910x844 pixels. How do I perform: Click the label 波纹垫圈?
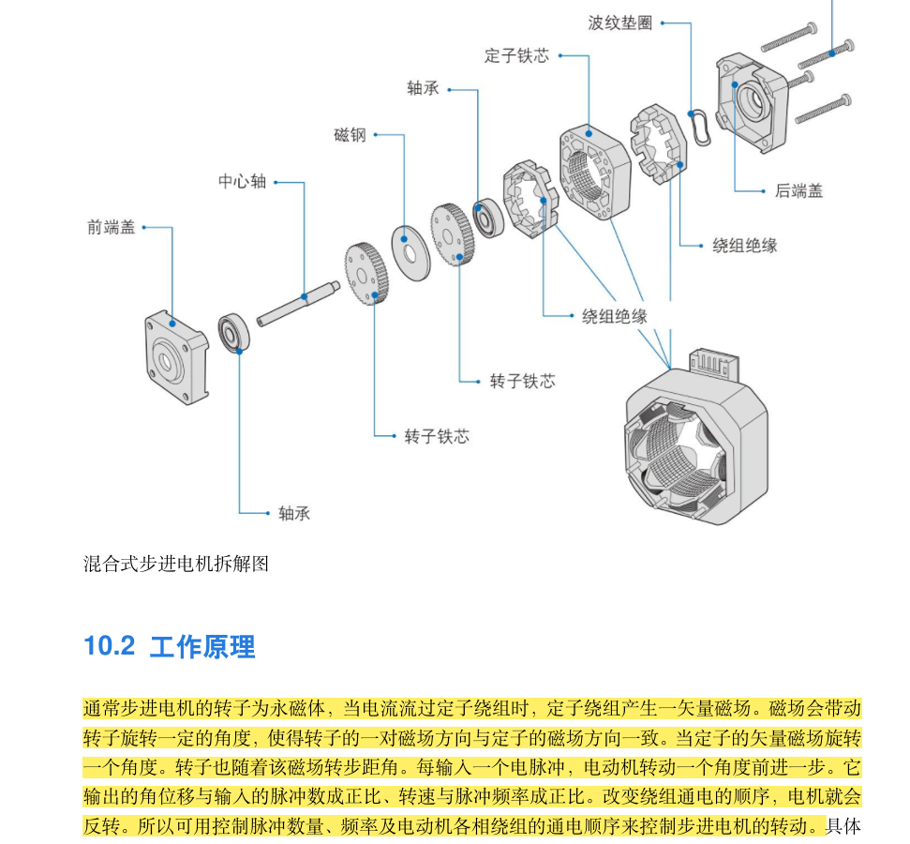619,23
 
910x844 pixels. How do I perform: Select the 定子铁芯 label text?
516,56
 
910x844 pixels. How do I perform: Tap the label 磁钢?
350,135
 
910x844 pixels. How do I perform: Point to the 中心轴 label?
242,182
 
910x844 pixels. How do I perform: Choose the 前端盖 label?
111,227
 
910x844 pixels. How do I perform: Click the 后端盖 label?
798,190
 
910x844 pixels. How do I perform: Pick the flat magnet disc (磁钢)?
409,249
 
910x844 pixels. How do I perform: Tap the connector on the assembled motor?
715,365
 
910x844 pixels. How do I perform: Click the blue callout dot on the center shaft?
305,296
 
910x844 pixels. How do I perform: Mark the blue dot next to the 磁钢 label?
376,135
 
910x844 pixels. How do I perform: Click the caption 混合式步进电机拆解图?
176,564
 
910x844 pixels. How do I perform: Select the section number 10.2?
110,646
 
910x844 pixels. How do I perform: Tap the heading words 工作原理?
202,646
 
